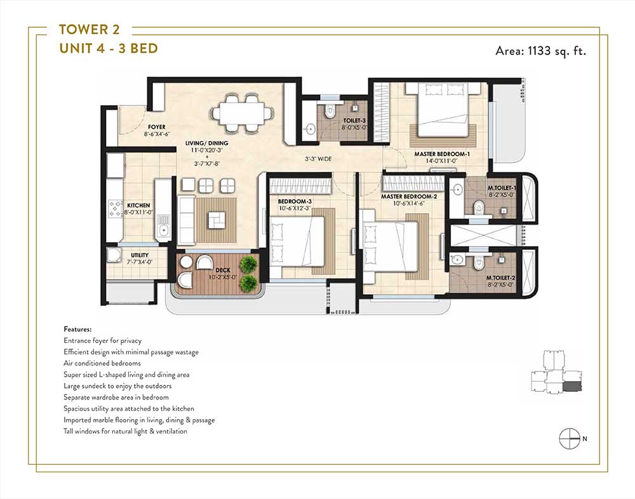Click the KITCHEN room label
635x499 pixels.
click(x=138, y=205)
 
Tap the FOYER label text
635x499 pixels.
click(x=156, y=127)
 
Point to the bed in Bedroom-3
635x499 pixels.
click(x=297, y=241)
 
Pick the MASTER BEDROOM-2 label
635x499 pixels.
click(x=409, y=197)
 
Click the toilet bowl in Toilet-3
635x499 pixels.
click(x=330, y=112)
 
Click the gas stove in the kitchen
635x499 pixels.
click(x=114, y=209)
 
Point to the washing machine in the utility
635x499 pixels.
click(x=114, y=256)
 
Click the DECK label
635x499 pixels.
click(x=223, y=270)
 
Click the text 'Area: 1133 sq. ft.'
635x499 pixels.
click(x=541, y=51)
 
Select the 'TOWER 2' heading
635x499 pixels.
click(x=90, y=30)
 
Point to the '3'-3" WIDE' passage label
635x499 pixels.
click(x=318, y=159)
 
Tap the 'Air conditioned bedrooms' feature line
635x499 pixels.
click(x=102, y=363)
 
